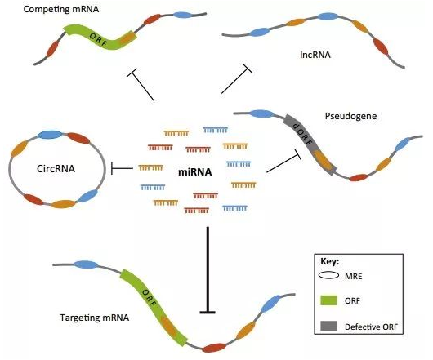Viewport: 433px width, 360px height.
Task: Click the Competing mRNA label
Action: (x=61, y=9)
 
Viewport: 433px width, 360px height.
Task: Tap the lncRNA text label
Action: (x=315, y=55)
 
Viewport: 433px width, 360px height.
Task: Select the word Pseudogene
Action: (x=350, y=116)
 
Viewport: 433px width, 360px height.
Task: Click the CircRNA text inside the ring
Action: (x=56, y=168)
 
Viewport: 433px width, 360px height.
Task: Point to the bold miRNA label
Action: (x=195, y=172)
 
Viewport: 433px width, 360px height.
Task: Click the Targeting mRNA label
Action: (x=95, y=318)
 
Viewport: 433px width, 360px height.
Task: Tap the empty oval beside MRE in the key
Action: (x=328, y=275)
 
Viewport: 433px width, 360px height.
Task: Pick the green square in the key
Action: (x=328, y=300)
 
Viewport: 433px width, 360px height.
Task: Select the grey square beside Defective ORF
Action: (x=328, y=326)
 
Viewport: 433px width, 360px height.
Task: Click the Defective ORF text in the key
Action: (x=372, y=327)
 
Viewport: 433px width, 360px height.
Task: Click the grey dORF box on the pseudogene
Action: (x=310, y=144)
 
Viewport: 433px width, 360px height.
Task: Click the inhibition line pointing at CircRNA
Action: (x=122, y=167)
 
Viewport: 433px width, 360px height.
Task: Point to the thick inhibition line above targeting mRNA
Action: (x=208, y=269)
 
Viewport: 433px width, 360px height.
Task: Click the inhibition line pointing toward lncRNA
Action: (x=237, y=78)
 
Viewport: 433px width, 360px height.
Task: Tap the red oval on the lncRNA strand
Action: (x=381, y=47)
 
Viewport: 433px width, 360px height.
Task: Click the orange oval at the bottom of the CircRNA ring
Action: (x=64, y=204)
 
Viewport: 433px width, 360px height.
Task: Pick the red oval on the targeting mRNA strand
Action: (x=214, y=348)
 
